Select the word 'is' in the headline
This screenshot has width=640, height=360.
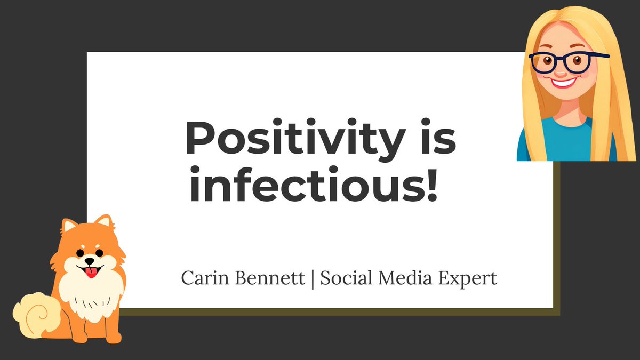click(x=433, y=140)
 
